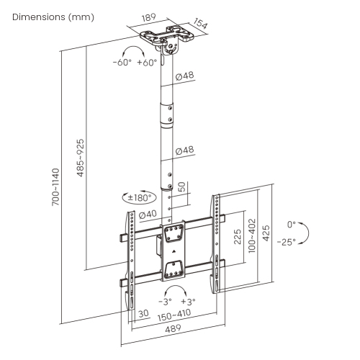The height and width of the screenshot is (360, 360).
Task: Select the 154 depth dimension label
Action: click(x=202, y=26)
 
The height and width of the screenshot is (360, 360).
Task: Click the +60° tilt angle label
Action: click(x=146, y=63)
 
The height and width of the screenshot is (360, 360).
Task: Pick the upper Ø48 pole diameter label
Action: click(x=184, y=75)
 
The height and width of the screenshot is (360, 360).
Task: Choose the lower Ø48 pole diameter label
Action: click(x=184, y=150)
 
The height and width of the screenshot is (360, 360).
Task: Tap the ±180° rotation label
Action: click(x=138, y=197)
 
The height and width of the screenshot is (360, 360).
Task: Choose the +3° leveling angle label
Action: click(x=189, y=301)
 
